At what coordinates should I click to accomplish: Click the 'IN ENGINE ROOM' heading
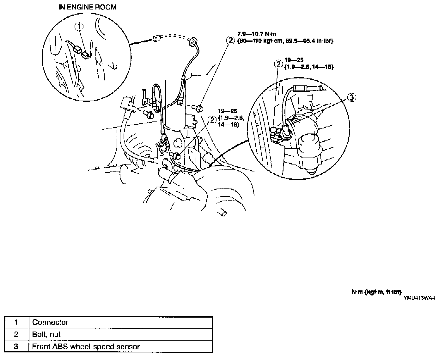[x=87, y=7]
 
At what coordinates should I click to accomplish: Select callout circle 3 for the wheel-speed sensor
[x=352, y=97]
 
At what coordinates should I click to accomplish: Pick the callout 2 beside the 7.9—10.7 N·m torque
[x=230, y=40]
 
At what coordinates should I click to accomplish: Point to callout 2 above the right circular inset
[x=278, y=64]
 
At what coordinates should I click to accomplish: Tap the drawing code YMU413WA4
[x=419, y=297]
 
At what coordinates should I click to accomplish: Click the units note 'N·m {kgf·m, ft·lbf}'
[x=377, y=292]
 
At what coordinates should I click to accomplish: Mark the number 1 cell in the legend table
[x=16, y=322]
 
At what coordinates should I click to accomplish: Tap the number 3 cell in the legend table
[x=16, y=346]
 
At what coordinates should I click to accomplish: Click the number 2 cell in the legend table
[x=16, y=334]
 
